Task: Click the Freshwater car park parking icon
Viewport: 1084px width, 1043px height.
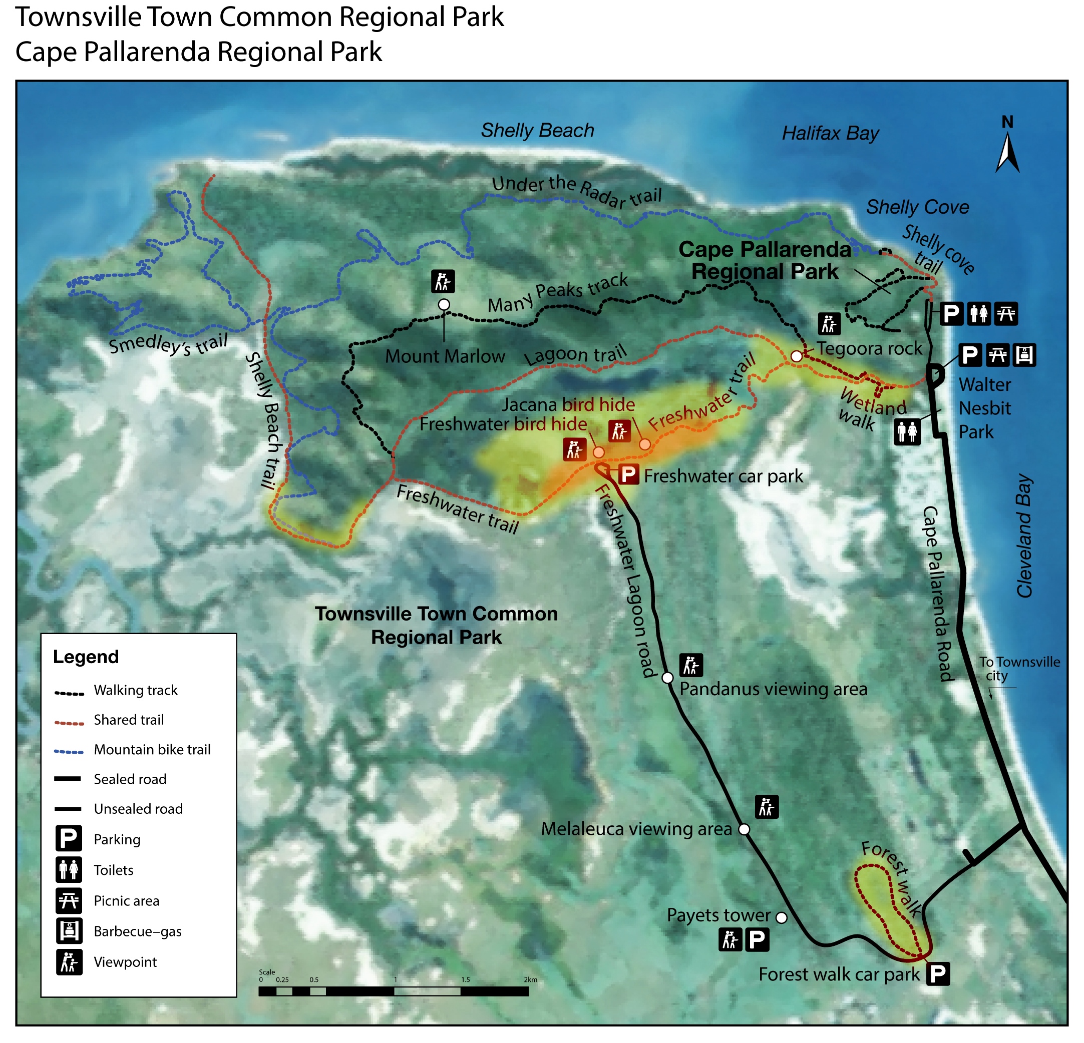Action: (628, 474)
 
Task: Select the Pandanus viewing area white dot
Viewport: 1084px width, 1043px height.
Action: (667, 678)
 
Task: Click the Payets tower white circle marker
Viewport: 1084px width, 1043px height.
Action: (782, 918)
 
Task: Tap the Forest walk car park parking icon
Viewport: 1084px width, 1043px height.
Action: (938, 974)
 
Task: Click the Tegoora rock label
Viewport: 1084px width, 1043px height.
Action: (869, 349)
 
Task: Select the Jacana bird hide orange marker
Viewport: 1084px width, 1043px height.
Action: (645, 444)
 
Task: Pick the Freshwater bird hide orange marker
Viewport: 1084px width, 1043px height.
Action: (598, 452)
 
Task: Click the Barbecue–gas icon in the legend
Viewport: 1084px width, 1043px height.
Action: (69, 931)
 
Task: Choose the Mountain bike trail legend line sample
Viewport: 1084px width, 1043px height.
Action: (69, 752)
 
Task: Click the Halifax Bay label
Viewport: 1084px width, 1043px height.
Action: (830, 134)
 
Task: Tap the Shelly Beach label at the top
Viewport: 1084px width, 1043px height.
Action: (537, 131)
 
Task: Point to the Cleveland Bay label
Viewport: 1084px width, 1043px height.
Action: (1024, 536)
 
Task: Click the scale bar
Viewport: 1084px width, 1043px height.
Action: (393, 991)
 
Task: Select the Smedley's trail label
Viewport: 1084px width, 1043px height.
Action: (168, 344)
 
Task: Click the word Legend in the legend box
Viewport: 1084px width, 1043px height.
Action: (86, 657)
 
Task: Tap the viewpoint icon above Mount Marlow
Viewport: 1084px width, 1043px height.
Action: (443, 281)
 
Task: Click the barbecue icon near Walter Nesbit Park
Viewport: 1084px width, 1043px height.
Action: (1024, 355)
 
